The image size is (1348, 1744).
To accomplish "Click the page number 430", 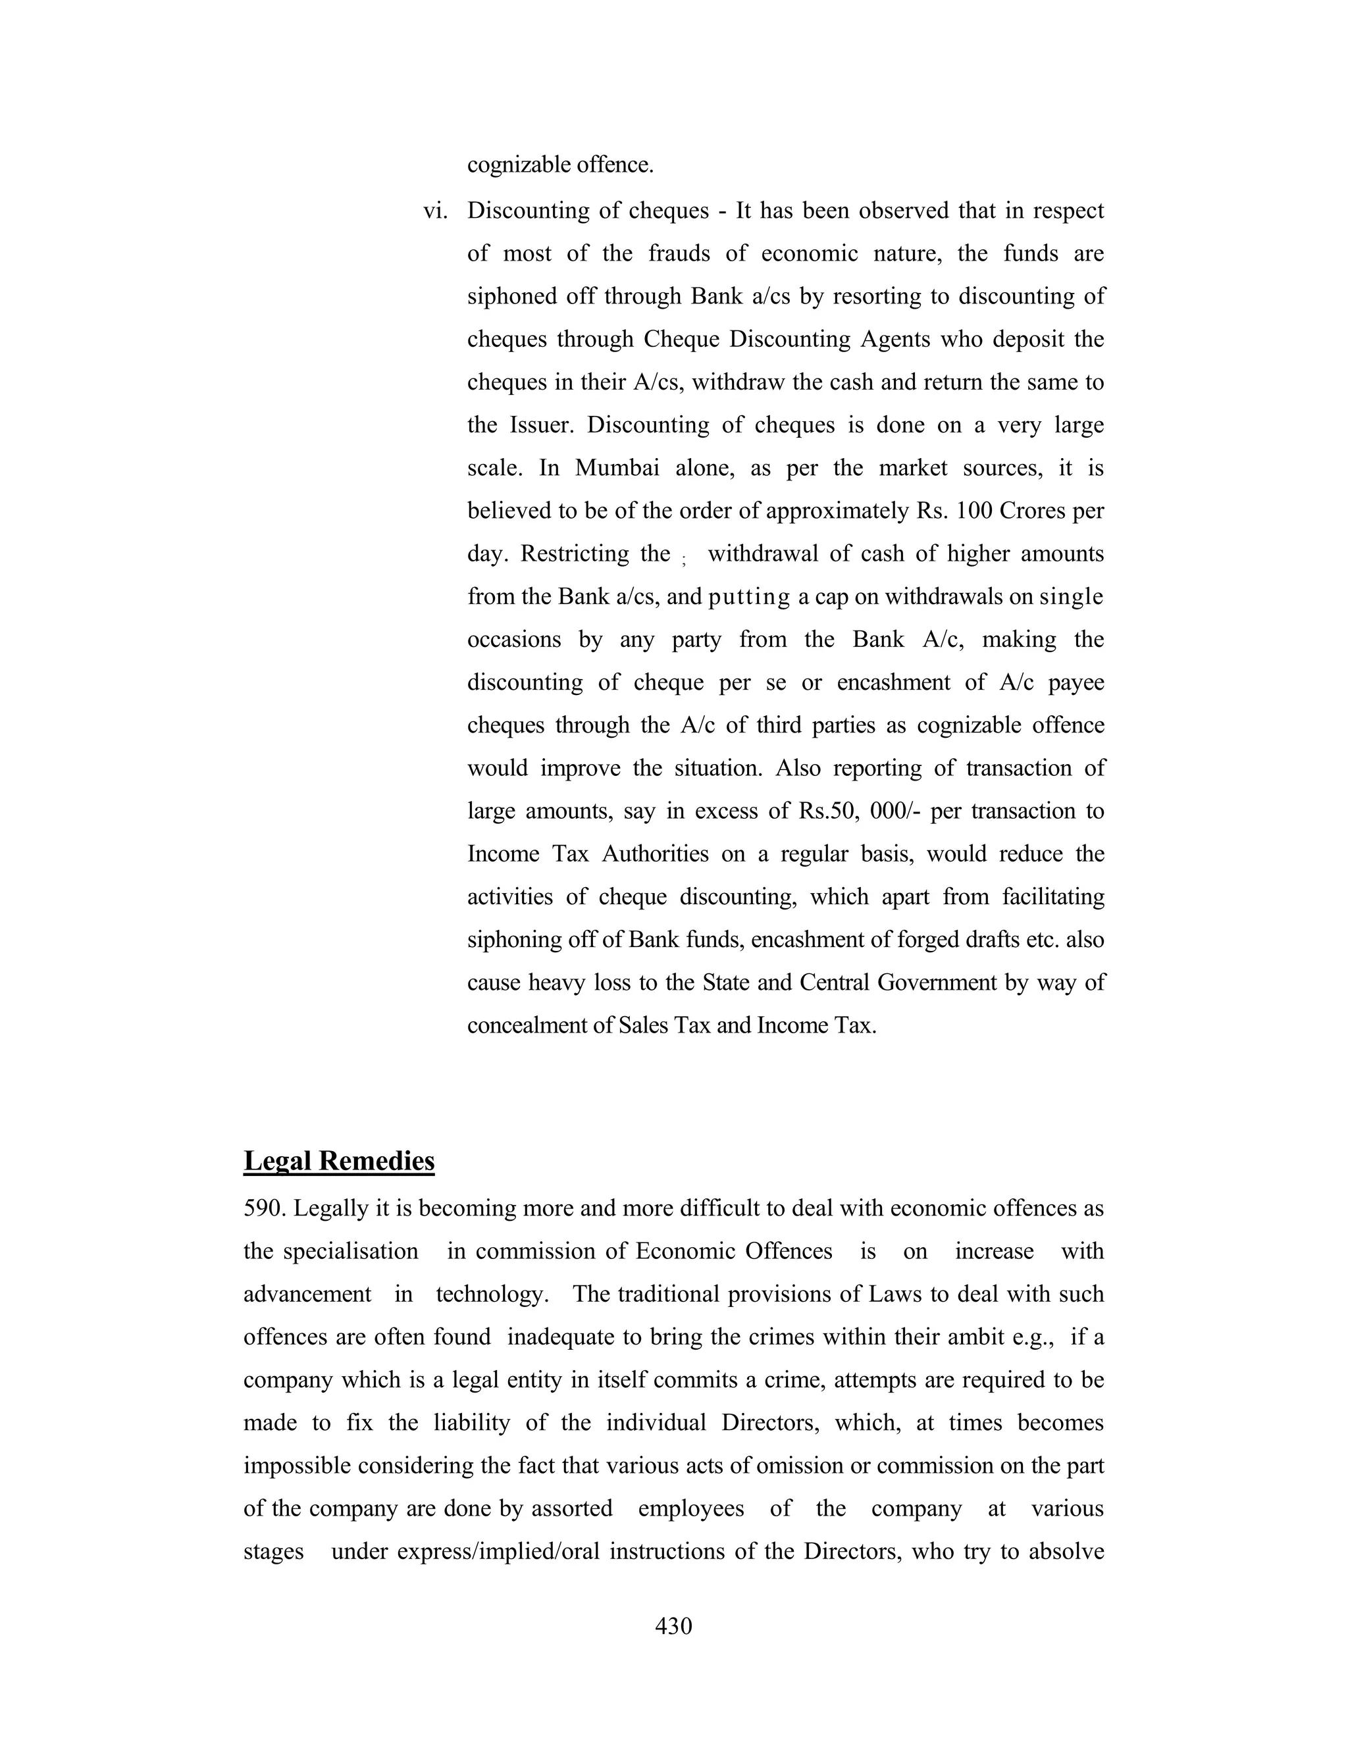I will (x=673, y=1626).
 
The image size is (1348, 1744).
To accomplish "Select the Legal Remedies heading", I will (x=338, y=1161).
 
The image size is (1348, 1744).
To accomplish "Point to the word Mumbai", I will (x=617, y=468).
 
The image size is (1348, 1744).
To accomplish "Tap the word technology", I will (x=492, y=1295).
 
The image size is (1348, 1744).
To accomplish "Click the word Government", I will (x=937, y=982).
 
